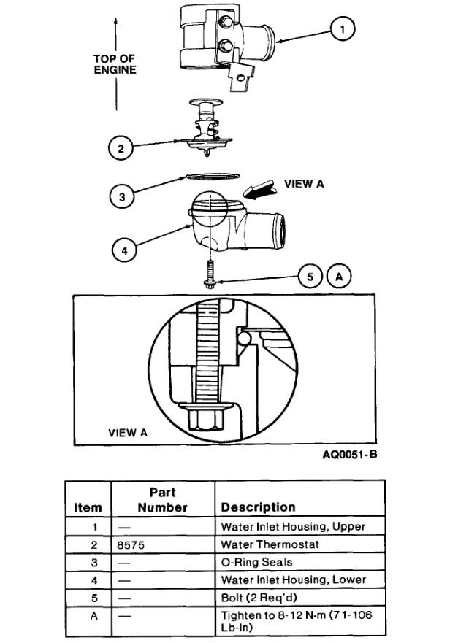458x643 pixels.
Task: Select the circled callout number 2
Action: (x=121, y=149)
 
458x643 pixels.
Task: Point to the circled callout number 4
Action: (x=125, y=250)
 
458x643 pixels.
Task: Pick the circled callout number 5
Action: (x=310, y=277)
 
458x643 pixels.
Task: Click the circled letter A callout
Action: (x=340, y=277)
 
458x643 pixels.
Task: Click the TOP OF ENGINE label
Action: (x=115, y=64)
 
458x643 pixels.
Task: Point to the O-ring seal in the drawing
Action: (x=211, y=176)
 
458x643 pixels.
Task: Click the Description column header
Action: (x=258, y=507)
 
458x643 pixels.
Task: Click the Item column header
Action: (x=88, y=507)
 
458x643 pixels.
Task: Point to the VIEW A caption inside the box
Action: (x=128, y=432)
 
